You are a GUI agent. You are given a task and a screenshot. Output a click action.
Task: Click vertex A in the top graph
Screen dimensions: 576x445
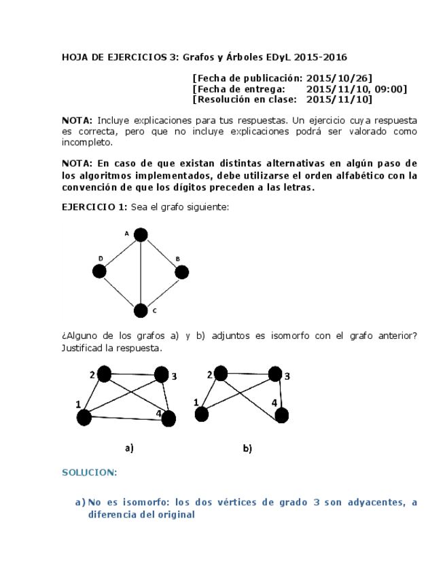coord(141,235)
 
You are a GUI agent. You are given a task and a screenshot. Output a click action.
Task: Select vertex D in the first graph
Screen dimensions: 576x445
coord(99,272)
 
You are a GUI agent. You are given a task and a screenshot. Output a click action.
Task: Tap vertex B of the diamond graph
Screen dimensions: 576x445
coord(181,272)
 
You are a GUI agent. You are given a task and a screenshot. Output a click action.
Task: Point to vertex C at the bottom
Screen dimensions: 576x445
coord(141,310)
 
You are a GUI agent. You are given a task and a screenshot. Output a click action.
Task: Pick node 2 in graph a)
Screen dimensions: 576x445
coord(105,374)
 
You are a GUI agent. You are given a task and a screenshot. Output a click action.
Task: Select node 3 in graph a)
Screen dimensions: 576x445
coord(161,374)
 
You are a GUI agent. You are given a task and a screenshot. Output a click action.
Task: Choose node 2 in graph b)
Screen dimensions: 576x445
coord(222,374)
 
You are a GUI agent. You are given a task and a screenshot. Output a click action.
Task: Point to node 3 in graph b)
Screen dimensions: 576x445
coord(274,374)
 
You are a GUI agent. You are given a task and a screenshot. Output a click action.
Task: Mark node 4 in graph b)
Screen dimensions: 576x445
coord(281,414)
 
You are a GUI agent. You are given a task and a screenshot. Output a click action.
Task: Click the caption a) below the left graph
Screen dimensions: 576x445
coord(128,448)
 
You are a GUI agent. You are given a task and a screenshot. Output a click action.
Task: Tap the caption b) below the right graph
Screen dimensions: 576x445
coord(247,448)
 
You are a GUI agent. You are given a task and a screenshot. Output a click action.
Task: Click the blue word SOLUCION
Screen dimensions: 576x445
coord(90,472)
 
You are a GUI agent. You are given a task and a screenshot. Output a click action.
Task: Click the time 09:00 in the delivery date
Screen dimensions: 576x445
coord(391,89)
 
